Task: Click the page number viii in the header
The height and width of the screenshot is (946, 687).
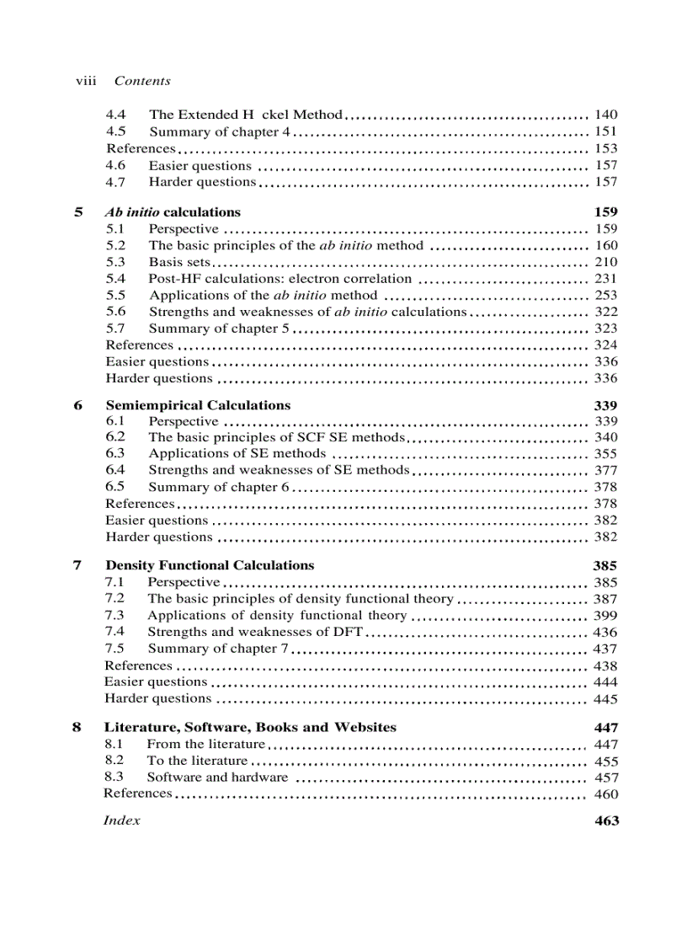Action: tap(86, 81)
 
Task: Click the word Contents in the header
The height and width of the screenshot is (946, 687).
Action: tap(142, 81)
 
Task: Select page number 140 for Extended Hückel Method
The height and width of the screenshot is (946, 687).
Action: tap(605, 115)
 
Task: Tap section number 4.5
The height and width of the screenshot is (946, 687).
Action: tap(116, 131)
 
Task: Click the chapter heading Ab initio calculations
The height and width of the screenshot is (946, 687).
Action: tap(173, 212)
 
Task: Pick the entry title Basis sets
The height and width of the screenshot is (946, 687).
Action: tap(178, 262)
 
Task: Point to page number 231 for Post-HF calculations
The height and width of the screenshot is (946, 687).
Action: tap(605, 279)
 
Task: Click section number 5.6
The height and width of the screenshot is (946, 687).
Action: tap(116, 312)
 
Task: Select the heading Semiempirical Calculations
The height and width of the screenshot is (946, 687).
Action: tap(198, 405)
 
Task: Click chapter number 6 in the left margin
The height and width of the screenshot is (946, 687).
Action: tap(77, 405)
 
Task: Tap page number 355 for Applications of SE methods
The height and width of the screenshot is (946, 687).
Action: tap(605, 454)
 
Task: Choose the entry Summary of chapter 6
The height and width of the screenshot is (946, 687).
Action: tap(218, 487)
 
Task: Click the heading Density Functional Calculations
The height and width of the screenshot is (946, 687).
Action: tap(209, 565)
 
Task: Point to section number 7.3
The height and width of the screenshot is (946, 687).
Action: tap(115, 615)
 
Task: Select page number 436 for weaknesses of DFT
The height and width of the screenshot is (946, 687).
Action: tap(605, 632)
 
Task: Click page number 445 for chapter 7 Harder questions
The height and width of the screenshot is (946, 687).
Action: tap(605, 698)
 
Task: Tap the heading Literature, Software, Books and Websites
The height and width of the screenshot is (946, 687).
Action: tap(250, 727)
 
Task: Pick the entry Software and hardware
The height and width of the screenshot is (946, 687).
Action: tap(217, 778)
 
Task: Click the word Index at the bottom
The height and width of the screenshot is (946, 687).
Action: tap(121, 820)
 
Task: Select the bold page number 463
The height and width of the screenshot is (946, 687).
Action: tap(606, 821)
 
